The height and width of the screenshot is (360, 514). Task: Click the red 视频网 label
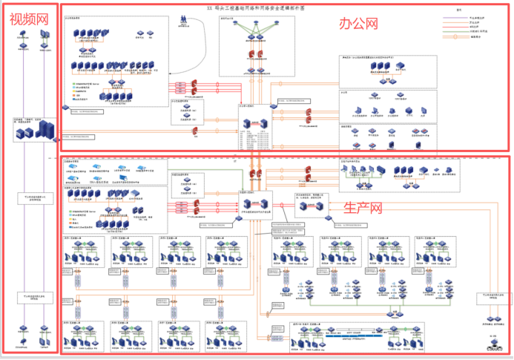[29, 20]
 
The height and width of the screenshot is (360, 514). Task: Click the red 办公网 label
[359, 24]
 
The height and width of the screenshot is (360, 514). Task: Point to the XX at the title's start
[210, 7]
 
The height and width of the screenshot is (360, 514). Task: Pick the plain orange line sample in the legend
[456, 22]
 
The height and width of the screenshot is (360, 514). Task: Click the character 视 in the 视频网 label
[16, 20]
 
